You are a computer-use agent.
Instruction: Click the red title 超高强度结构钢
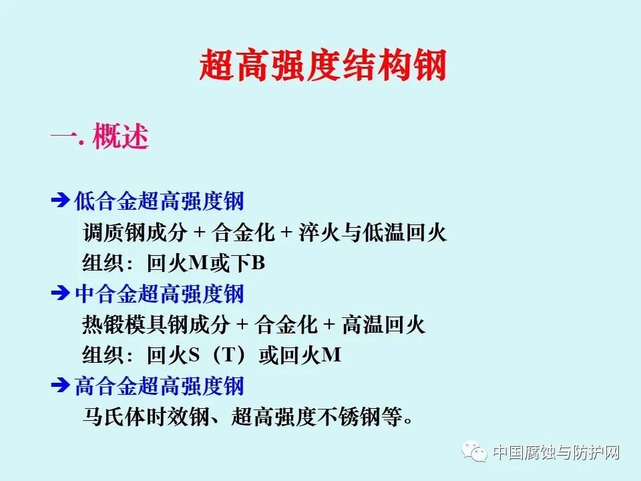323,67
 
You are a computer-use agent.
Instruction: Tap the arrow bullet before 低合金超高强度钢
60,200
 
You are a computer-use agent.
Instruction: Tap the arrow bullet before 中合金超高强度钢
60,293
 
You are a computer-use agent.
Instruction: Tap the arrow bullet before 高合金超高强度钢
60,386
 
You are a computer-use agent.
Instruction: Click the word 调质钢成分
136,232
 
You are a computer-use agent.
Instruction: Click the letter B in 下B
258,264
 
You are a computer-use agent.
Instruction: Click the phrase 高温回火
383,325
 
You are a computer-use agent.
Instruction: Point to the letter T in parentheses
228,356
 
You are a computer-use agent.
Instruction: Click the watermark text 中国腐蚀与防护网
556,454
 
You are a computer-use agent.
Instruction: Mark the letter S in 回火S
194,356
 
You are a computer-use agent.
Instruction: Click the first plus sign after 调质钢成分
198,232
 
